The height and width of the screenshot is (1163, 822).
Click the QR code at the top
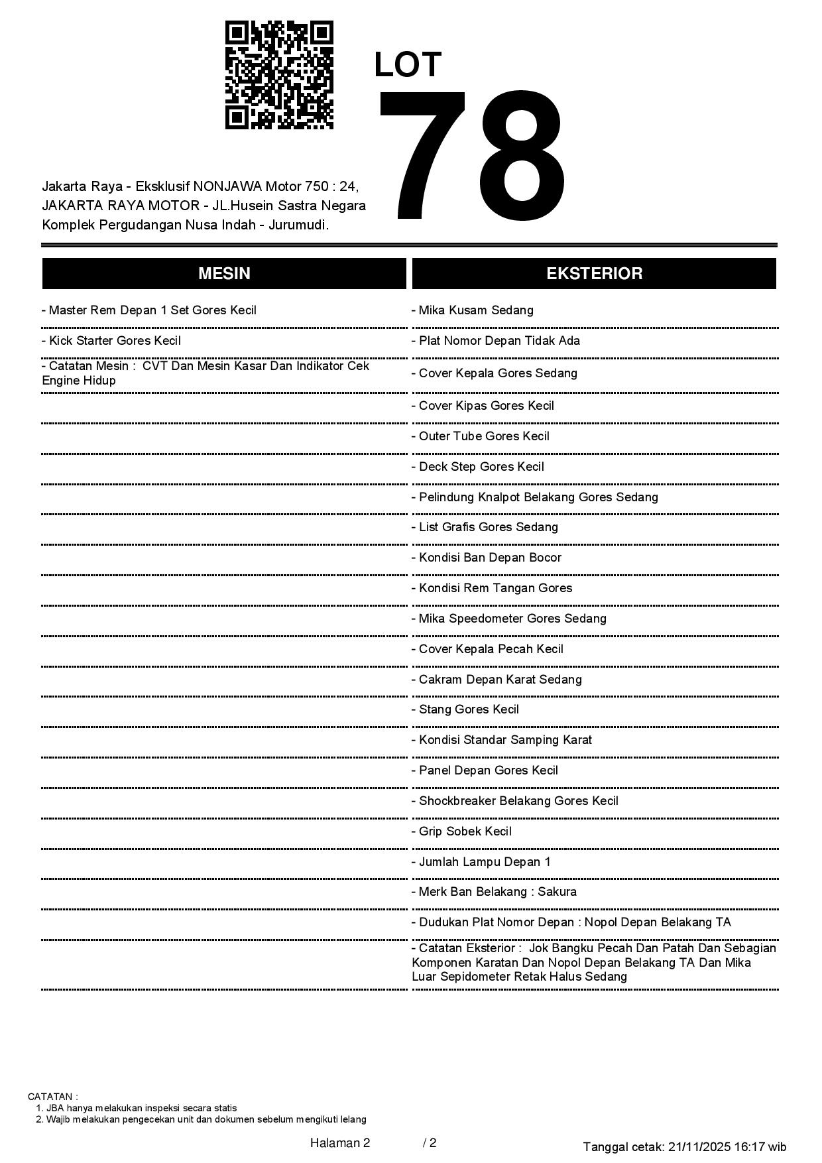pos(279,75)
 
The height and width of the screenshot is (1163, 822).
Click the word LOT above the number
pos(408,65)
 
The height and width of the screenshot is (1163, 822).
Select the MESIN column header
pos(224,274)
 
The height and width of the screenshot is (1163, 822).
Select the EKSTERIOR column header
pos(594,274)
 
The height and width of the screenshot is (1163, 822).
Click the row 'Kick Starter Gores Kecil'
pos(111,341)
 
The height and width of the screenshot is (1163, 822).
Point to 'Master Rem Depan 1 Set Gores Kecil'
pos(149,310)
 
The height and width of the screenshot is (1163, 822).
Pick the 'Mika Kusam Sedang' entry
pos(473,310)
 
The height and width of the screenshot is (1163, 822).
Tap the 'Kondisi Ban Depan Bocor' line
pos(487,558)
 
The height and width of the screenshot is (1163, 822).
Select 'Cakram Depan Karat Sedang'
pos(497,680)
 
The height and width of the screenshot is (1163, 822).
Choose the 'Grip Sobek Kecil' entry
pos(461,831)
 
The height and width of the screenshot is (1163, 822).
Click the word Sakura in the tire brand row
pos(557,892)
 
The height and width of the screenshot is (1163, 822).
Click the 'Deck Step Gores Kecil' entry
pos(478,467)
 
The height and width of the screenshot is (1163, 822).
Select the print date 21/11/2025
pos(700,1146)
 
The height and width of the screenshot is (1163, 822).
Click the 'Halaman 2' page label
pos(340,1142)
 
